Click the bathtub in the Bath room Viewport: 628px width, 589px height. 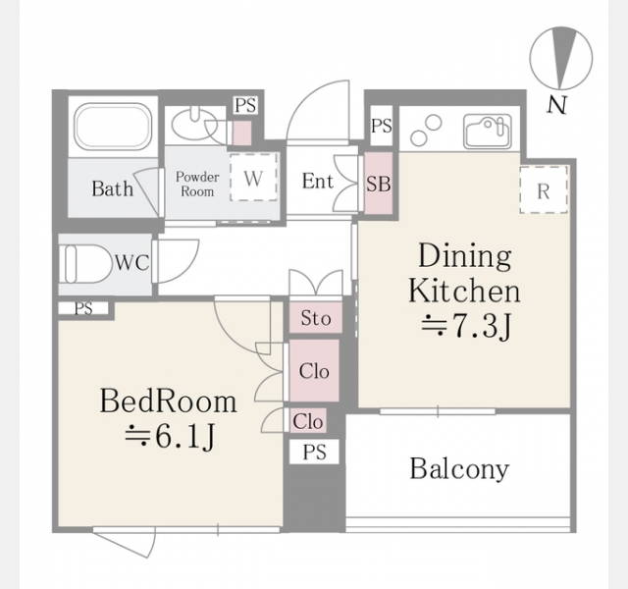[x=114, y=127]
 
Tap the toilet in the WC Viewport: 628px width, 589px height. [x=86, y=264]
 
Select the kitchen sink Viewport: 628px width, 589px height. [x=488, y=132]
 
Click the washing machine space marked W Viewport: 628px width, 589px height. [x=253, y=177]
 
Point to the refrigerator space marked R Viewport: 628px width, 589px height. [x=544, y=189]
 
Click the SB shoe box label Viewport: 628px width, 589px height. [x=379, y=184]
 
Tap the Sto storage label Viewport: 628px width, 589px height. [x=316, y=318]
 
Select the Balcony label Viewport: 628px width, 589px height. [x=459, y=468]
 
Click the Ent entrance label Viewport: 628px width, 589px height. [x=318, y=181]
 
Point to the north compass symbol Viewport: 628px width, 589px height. [x=560, y=58]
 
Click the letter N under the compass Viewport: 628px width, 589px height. [x=556, y=105]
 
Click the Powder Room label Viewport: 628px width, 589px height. [x=197, y=184]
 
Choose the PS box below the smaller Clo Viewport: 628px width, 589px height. [x=314, y=452]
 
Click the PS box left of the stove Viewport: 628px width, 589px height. [x=382, y=126]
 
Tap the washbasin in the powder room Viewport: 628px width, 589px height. [x=194, y=125]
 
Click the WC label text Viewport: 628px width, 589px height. [x=132, y=263]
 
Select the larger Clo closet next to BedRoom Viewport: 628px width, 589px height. [x=314, y=371]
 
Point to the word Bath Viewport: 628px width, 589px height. [x=113, y=188]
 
